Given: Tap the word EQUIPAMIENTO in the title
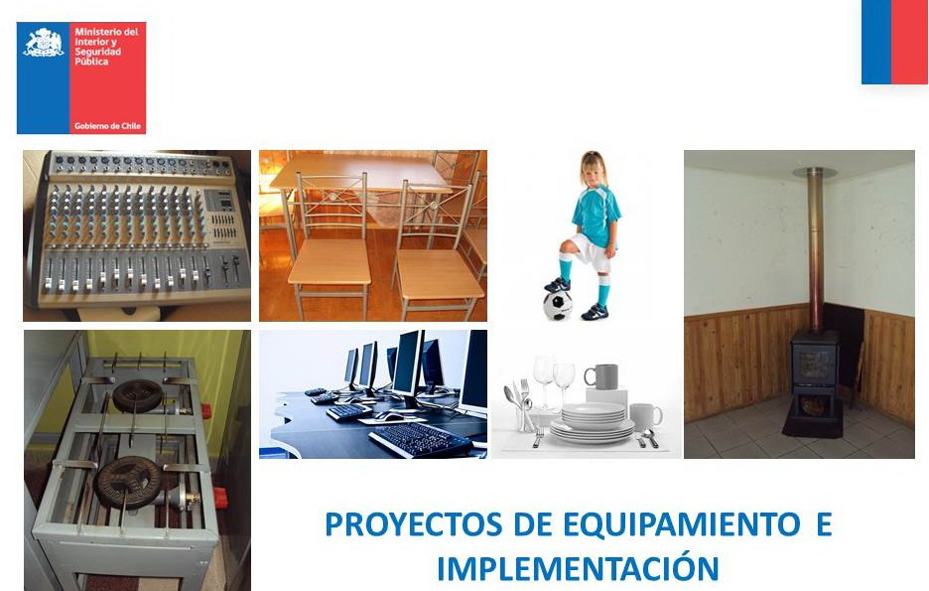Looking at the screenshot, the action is (x=681, y=524).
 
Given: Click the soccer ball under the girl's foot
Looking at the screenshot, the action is (x=558, y=305).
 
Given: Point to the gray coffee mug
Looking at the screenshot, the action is (x=601, y=376).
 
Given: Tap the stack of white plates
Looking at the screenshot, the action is (x=593, y=422).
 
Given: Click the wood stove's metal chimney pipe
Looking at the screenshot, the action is (x=816, y=249).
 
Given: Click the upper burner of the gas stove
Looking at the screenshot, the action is (x=138, y=395).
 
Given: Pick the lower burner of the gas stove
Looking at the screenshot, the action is (x=128, y=480).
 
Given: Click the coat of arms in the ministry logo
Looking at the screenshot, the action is (x=44, y=43).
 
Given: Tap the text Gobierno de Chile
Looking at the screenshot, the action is (x=107, y=126).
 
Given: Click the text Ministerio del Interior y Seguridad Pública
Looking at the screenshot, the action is (x=106, y=47).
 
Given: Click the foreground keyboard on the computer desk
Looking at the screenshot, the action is (x=420, y=440).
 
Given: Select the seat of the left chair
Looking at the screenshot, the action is (x=330, y=262).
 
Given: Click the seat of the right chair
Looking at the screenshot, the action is (x=439, y=273).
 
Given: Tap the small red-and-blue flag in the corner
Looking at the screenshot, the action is (x=894, y=42).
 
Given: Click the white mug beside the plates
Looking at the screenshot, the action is (x=646, y=416).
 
